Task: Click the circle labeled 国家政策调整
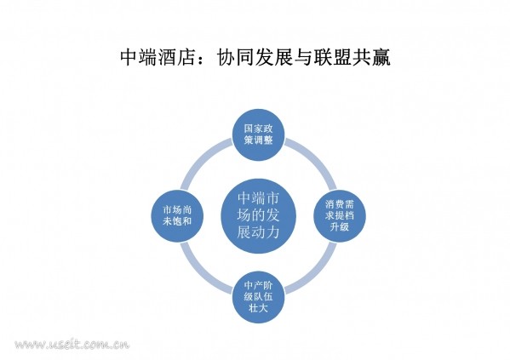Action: [x=259, y=134]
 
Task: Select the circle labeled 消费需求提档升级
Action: [x=340, y=216]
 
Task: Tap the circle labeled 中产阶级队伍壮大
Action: [x=259, y=297]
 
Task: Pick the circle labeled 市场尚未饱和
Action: [x=177, y=216]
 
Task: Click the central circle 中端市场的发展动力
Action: [x=259, y=216]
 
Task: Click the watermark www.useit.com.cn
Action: [x=72, y=344]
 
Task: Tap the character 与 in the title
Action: [x=304, y=58]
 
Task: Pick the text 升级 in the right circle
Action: [x=340, y=226]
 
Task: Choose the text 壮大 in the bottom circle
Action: [x=259, y=308]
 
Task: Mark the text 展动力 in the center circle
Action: [x=259, y=232]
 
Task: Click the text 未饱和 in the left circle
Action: [x=177, y=221]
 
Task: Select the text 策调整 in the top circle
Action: [x=259, y=140]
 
